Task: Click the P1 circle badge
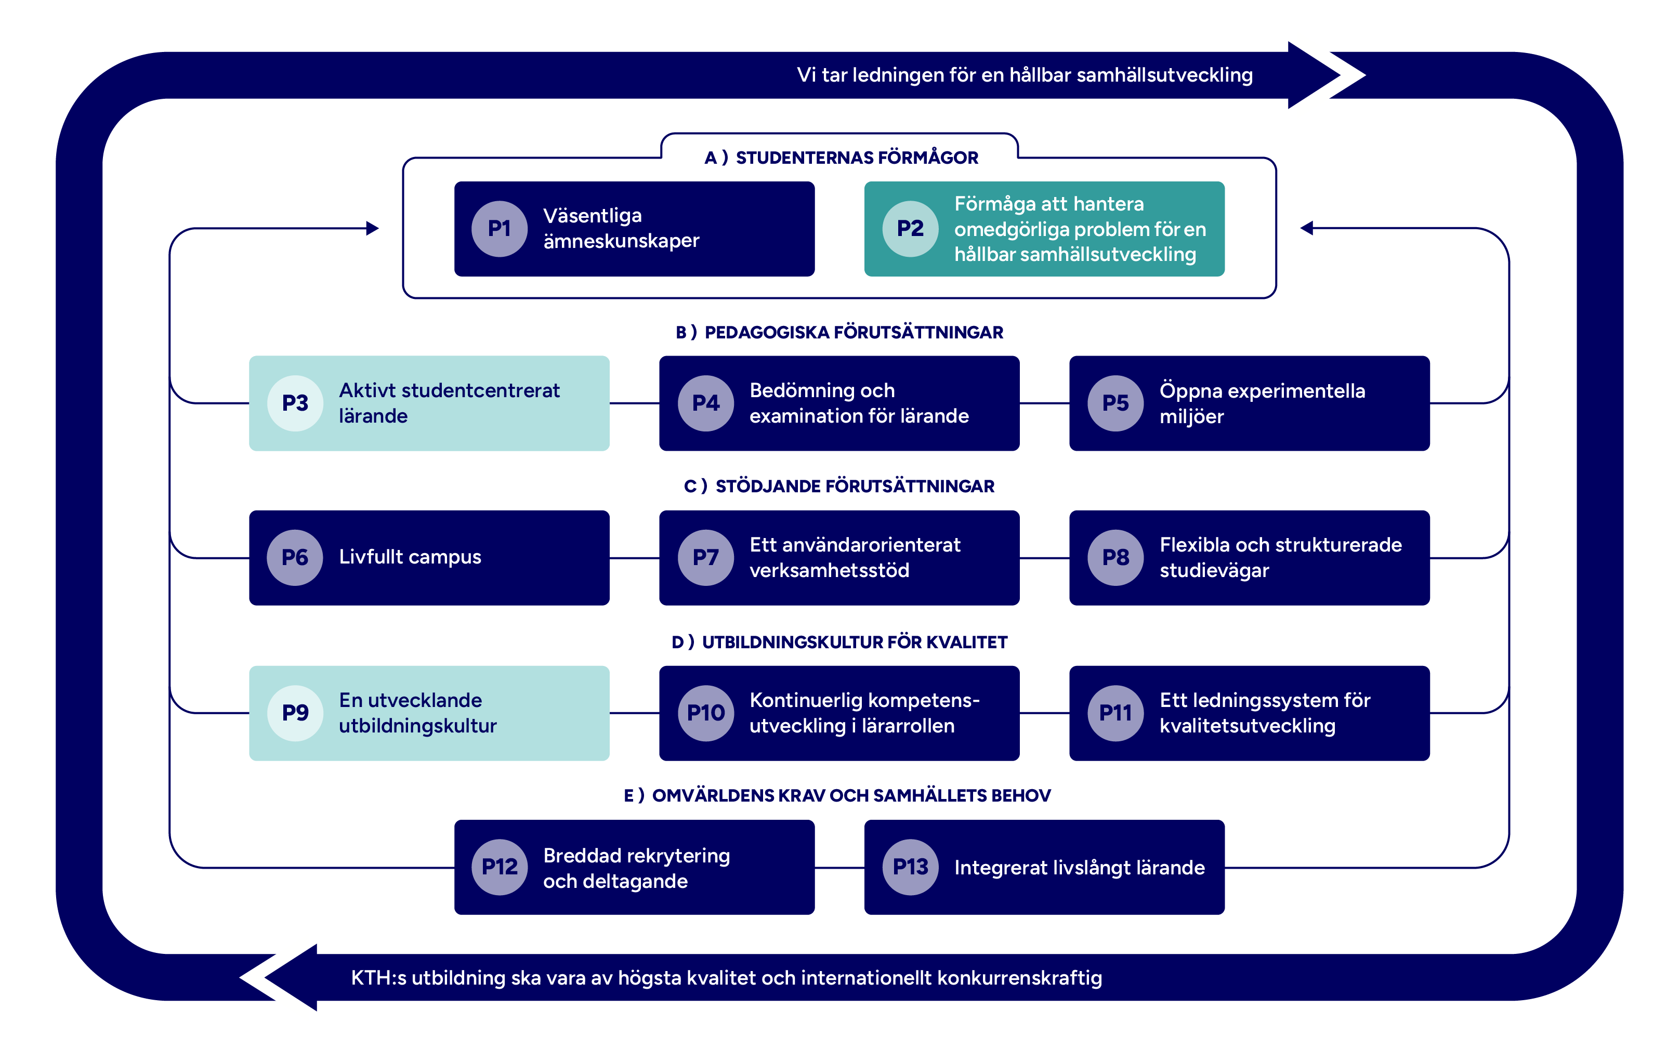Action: coord(499,229)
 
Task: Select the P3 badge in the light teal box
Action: coord(295,403)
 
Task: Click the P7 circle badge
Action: coord(705,557)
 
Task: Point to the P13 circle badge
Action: coord(911,867)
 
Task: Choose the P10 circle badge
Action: coord(705,713)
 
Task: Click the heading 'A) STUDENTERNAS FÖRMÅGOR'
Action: coord(841,158)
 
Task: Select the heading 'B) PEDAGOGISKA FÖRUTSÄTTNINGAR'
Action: coord(839,332)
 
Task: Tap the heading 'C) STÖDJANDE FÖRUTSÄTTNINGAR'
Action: coord(839,486)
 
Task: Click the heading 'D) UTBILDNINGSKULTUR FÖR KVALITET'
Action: coord(839,642)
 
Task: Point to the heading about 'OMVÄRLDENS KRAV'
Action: coord(837,795)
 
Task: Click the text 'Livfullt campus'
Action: coord(410,557)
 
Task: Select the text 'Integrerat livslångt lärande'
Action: coord(1079,867)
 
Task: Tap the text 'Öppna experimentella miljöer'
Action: coord(1262,403)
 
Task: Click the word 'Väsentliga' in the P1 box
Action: coord(593,216)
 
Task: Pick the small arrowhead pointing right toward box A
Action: coord(373,228)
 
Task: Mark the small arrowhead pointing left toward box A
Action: coord(1307,228)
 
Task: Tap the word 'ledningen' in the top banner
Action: coord(898,75)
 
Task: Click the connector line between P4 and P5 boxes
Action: coord(1044,403)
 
